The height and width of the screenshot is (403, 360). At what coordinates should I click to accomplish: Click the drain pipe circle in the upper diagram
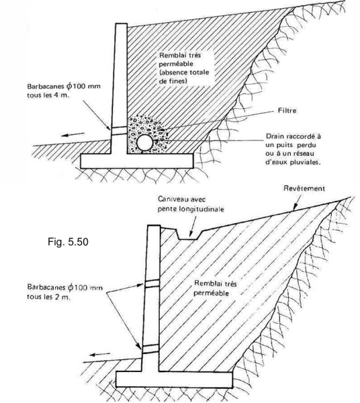coord(144,142)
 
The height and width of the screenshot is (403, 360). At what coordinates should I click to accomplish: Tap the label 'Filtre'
coord(287,111)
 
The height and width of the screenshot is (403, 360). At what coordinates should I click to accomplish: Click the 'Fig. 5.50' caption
coord(68,242)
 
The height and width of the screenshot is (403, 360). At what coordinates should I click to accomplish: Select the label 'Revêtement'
coord(304,188)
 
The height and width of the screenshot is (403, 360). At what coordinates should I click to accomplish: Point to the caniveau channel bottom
coord(188,239)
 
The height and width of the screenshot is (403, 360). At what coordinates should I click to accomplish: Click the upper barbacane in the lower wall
coord(152,283)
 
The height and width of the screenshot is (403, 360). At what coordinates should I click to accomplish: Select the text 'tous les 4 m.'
coord(48,95)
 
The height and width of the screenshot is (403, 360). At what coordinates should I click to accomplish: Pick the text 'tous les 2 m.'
coord(48,297)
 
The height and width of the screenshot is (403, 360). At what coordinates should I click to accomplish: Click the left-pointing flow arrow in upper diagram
coord(73,134)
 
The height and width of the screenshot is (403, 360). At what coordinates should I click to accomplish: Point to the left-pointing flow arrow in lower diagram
coord(100,355)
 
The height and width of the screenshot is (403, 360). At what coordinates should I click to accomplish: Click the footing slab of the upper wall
coord(137,161)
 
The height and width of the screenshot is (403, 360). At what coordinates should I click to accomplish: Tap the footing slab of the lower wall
coord(174,379)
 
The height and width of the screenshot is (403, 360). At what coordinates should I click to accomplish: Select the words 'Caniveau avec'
coord(182,199)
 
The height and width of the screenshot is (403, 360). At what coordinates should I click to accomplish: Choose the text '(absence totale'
coord(184,73)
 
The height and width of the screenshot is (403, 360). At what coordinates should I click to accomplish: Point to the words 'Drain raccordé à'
coord(293,136)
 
